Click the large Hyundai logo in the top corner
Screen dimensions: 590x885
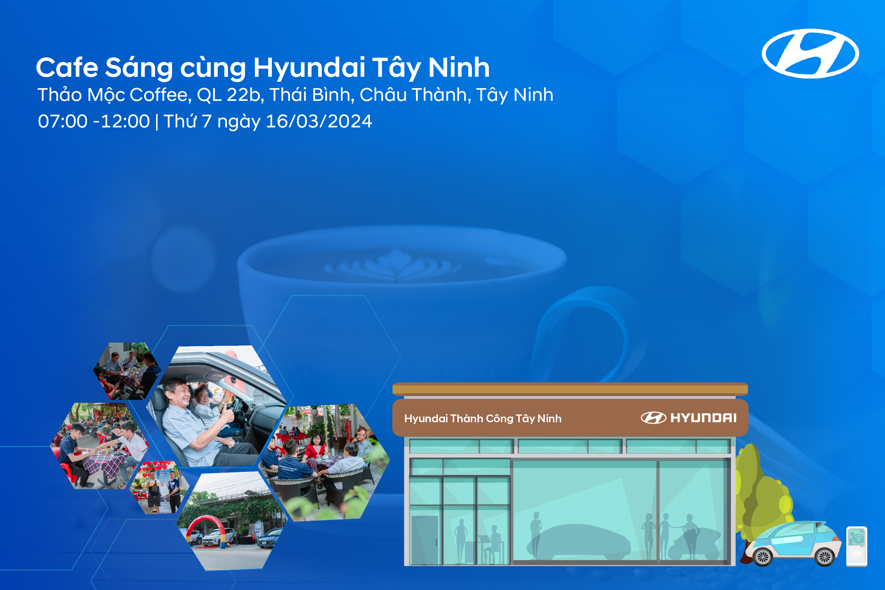point(810,53)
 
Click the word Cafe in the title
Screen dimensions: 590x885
point(67,68)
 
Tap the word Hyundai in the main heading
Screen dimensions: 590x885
point(309,68)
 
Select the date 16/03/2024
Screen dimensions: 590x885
point(319,121)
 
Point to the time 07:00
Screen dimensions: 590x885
point(62,121)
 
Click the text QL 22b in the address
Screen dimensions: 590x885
point(228,95)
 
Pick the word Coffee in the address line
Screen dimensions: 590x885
point(159,95)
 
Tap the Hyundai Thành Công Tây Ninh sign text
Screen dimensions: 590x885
point(483,418)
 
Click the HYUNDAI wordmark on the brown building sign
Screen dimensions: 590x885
point(703,418)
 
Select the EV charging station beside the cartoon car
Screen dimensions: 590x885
point(857,546)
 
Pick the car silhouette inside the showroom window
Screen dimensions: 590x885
point(579,542)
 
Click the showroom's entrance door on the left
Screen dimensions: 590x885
point(424,540)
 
